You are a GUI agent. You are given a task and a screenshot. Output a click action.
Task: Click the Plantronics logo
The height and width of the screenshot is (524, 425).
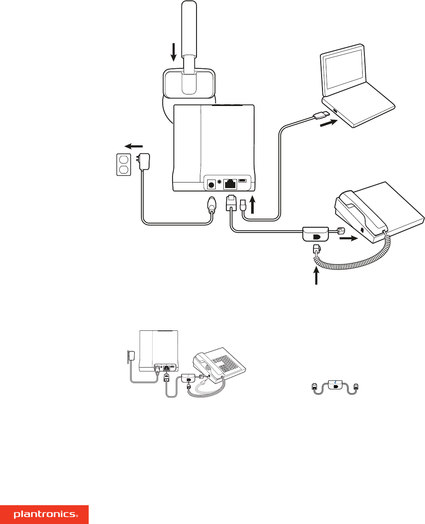point(44,515)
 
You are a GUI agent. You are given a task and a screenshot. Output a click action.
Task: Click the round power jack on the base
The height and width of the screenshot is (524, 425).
point(211,185)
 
